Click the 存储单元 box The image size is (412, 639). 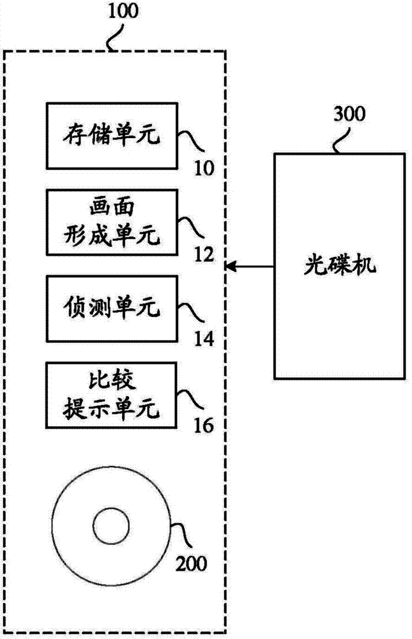point(111,135)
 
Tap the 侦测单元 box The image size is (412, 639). point(111,309)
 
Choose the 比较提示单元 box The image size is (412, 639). point(111,394)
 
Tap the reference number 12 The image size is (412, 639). point(204,255)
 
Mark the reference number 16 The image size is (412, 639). point(204,426)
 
